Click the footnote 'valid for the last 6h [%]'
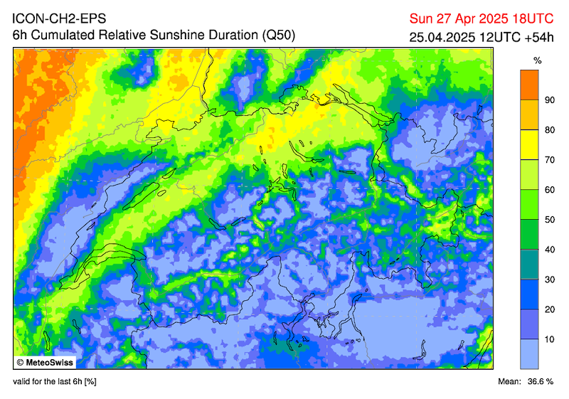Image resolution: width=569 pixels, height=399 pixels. click(x=54, y=383)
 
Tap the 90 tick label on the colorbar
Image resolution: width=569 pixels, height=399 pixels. click(x=549, y=100)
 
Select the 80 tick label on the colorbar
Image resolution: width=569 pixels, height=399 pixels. click(x=549, y=130)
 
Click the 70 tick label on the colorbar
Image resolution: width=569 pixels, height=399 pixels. click(x=549, y=160)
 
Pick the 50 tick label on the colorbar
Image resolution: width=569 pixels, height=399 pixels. click(x=549, y=220)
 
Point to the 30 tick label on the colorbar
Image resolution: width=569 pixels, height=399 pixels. click(x=549, y=280)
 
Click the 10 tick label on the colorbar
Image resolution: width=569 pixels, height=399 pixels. click(x=549, y=339)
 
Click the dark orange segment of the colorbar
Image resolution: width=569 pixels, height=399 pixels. click(x=528, y=85)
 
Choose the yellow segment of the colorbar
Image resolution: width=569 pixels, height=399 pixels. click(x=528, y=144)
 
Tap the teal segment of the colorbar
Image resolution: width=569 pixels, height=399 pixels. click(x=528, y=264)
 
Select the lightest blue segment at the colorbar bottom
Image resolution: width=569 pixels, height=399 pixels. click(x=528, y=353)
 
